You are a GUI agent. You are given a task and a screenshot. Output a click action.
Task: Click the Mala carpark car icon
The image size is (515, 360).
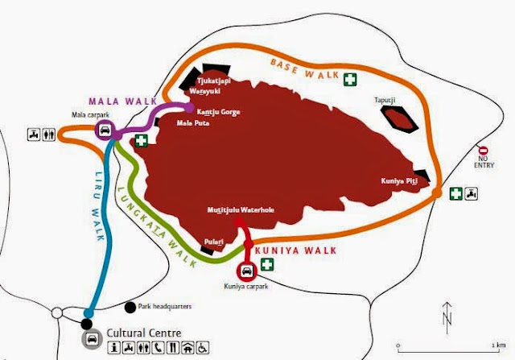(105, 130)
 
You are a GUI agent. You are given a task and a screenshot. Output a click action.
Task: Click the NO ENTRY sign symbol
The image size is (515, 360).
(483, 151)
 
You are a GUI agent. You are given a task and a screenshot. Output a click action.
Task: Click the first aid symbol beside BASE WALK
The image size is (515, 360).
(350, 79)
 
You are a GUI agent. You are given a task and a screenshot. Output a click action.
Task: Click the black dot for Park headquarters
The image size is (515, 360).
(130, 306)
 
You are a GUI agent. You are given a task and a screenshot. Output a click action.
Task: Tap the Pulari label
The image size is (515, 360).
(213, 241)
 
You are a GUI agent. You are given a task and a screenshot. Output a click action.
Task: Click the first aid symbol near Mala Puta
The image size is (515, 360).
(142, 141)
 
